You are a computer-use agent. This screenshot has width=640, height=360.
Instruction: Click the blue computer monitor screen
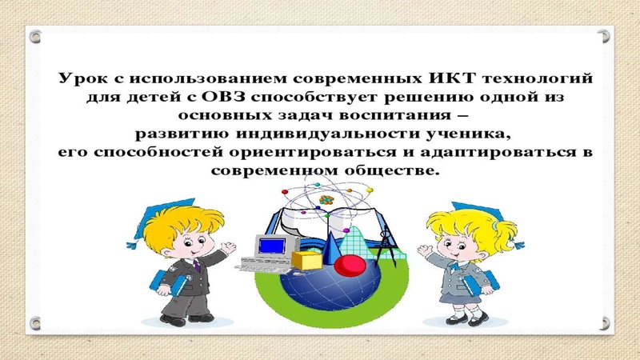[x=273, y=244]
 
